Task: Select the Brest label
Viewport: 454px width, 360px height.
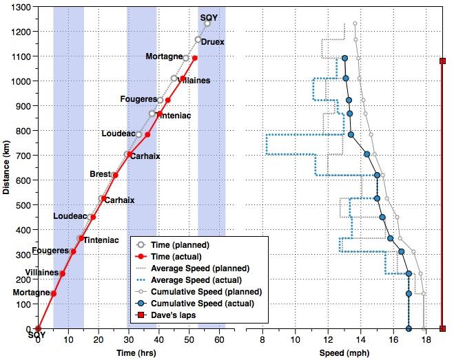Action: tap(100, 174)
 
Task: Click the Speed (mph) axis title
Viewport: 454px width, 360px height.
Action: tap(344, 352)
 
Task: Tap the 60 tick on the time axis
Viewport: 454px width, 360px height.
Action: tap(219, 339)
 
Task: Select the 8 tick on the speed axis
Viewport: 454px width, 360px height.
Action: tap(263, 339)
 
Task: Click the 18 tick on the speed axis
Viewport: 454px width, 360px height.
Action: tap(426, 339)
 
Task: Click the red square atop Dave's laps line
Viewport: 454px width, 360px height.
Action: tap(443, 61)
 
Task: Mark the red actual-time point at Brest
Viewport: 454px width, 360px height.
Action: tap(115, 175)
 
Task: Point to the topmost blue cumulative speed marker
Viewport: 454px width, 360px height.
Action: tap(344, 59)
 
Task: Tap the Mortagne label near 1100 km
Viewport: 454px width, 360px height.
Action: tap(164, 56)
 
